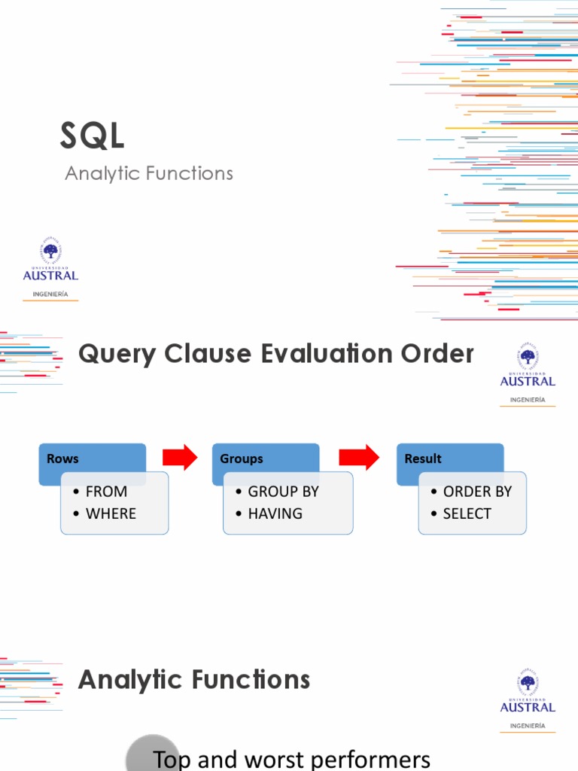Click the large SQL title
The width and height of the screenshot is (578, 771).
point(92,136)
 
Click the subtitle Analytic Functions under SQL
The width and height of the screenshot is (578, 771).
point(149,173)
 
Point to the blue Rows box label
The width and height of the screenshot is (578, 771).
point(62,459)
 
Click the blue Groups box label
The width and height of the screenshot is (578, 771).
point(242,459)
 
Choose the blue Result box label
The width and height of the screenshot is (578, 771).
point(423,459)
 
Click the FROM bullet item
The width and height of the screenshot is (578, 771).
point(106,492)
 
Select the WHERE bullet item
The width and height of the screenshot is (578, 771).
point(111,513)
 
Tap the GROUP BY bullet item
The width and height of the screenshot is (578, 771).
point(283,492)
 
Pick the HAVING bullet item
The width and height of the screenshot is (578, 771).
point(275,513)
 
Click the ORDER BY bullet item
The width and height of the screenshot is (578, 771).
point(477,492)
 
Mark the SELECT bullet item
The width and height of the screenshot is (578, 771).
point(467,513)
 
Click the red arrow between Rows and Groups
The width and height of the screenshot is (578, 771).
point(180,457)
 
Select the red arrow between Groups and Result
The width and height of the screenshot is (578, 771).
point(358,457)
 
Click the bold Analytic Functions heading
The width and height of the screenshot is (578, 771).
point(194,680)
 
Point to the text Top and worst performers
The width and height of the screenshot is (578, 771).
point(291,759)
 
